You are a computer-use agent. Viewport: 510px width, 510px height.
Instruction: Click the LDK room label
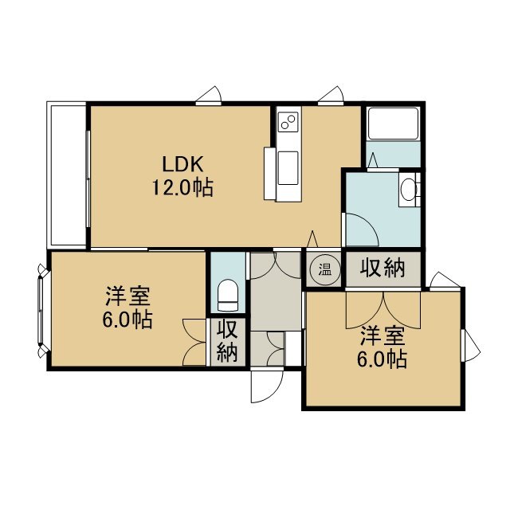[182, 164]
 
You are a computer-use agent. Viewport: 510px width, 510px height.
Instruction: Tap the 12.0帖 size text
[182, 188]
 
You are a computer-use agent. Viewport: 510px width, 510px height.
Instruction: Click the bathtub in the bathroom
[393, 124]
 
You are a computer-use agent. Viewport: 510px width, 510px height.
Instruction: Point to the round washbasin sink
[408, 190]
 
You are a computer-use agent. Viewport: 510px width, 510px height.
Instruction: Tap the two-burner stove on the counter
[288, 122]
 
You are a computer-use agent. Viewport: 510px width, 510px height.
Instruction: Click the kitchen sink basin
[288, 168]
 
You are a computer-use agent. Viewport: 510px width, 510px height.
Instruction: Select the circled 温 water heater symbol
[324, 269]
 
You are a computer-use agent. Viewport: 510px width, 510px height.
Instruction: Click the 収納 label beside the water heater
[382, 269]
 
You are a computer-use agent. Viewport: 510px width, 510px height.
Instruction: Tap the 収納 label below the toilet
[227, 341]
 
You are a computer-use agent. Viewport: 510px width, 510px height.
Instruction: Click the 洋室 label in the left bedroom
[127, 296]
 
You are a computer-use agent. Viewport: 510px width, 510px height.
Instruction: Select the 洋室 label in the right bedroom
[382, 335]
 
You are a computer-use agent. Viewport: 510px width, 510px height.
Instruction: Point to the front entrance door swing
[268, 386]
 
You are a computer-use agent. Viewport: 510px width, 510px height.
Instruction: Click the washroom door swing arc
[362, 229]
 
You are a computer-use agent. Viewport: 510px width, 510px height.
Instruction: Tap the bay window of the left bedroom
[41, 311]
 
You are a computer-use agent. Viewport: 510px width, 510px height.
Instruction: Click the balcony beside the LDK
[67, 175]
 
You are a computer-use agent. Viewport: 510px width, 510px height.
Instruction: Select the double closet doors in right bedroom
[383, 310]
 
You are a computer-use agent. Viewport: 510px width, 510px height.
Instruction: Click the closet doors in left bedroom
[194, 342]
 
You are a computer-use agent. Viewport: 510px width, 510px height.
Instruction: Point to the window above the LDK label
[209, 96]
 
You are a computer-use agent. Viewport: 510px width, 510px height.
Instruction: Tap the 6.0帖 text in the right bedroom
[382, 359]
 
